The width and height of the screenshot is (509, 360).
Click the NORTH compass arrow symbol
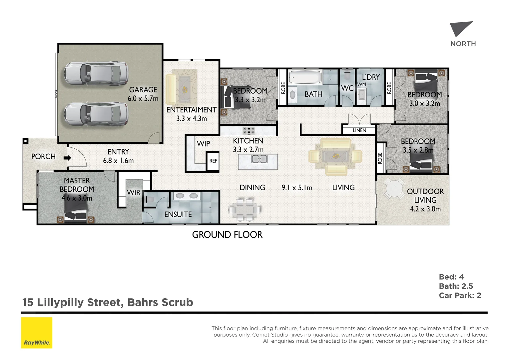pos(460,29)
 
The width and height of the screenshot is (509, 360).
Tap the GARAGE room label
pos(143,90)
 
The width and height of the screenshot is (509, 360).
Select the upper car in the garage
pos(96,74)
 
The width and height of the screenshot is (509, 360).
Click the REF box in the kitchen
pos(213,161)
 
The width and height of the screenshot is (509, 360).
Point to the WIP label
pos(203,144)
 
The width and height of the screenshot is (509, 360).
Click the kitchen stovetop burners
pos(249,130)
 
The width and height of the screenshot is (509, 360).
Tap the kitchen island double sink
pos(259,159)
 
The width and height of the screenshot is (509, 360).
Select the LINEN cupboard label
pos(359,130)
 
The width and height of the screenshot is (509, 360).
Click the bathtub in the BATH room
pos(305,77)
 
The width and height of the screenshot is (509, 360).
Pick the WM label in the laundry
pos(361,85)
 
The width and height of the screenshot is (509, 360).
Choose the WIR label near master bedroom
pos(134,193)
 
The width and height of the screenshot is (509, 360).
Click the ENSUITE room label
pos(178,214)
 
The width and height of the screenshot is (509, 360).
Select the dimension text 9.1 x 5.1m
pos(297,188)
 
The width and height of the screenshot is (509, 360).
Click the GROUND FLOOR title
pos(227,235)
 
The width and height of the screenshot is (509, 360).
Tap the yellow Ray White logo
pos(37,333)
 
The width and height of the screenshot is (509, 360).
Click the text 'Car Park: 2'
pos(460,295)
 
